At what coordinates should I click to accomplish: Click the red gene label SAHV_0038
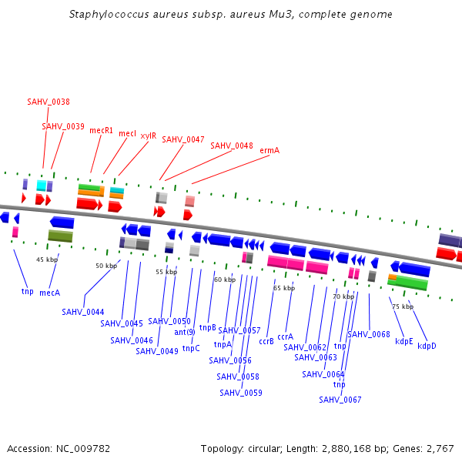click(x=49, y=102)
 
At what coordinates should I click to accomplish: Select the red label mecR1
click(x=101, y=130)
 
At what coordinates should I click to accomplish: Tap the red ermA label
click(x=269, y=150)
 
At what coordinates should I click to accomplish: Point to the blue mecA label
click(x=50, y=293)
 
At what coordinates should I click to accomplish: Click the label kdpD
click(x=427, y=346)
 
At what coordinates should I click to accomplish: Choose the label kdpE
click(x=404, y=341)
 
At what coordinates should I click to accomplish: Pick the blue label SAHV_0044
click(x=83, y=312)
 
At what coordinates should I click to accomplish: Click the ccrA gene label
click(x=286, y=336)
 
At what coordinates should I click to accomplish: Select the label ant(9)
click(x=185, y=332)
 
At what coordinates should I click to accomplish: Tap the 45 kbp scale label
click(x=47, y=259)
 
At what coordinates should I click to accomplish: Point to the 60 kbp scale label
click(x=225, y=280)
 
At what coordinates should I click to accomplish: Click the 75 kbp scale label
click(x=403, y=306)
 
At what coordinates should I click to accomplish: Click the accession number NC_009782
click(x=89, y=448)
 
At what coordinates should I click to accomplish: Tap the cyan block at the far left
click(x=42, y=186)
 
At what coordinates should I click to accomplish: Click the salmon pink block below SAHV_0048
click(x=189, y=201)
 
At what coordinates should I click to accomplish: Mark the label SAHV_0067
click(x=340, y=400)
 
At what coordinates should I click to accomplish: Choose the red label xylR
click(x=148, y=136)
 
